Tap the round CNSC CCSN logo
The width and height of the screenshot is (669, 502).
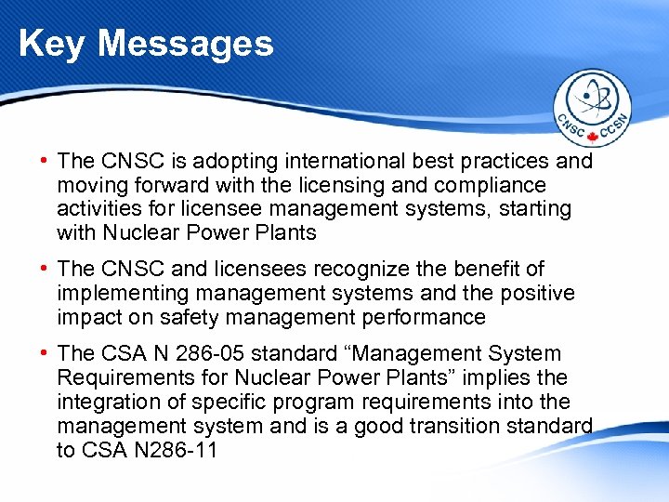coord(592,108)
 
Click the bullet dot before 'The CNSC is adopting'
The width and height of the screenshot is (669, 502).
coord(45,161)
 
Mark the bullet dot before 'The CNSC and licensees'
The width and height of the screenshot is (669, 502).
coord(45,270)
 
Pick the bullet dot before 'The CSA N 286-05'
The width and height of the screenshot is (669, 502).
coord(45,354)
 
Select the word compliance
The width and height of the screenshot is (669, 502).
coord(492,185)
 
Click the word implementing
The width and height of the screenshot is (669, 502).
coord(118,294)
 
